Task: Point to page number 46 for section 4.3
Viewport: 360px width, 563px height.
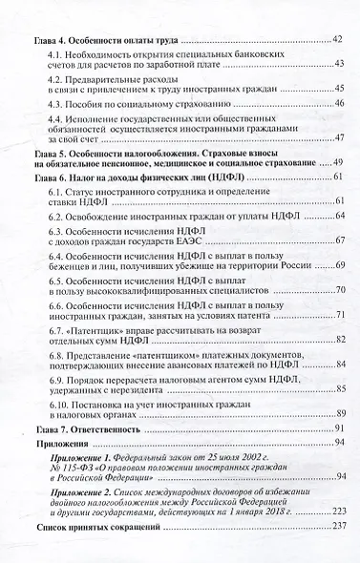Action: pos(338,124)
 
